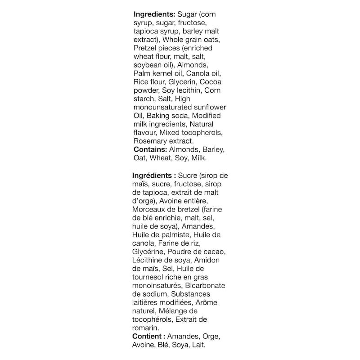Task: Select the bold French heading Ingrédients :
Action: click(x=154, y=175)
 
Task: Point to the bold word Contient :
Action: click(x=148, y=337)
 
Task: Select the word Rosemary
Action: click(x=150, y=141)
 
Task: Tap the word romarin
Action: click(x=145, y=328)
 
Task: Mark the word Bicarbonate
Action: click(x=206, y=286)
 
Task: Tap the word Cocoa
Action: click(x=211, y=81)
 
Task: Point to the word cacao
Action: click(x=214, y=252)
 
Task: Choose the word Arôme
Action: click(x=207, y=302)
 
